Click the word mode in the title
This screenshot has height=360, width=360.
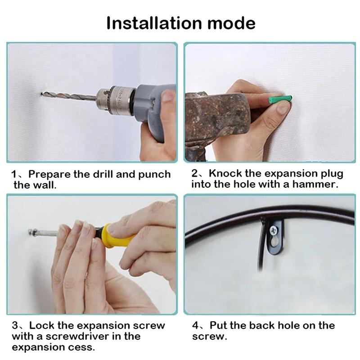pyautogui.click(x=231, y=23)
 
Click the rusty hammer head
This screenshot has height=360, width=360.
pyautogui.click(x=218, y=115)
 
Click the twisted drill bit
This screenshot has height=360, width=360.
pyautogui.click(x=69, y=95)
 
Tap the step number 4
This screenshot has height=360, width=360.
pyautogui.click(x=195, y=325)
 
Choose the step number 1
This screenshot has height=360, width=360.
pyautogui.click(x=14, y=175)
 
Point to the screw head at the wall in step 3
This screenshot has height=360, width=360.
pyautogui.click(x=31, y=233)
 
